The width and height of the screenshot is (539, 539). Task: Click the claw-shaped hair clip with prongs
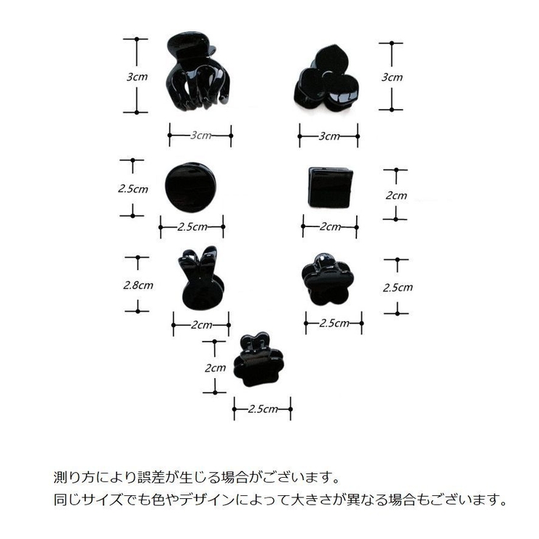(197, 71)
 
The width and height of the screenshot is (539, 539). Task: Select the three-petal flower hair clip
(326, 81)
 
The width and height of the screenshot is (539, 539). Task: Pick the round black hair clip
(190, 187)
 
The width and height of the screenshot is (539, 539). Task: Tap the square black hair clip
(330, 188)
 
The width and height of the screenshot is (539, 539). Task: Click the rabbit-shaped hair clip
(201, 279)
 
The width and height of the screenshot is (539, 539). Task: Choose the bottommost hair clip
(258, 360)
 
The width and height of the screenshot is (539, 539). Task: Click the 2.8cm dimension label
(138, 285)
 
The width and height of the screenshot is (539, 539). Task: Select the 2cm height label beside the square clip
(396, 195)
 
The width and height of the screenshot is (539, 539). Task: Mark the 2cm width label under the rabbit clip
(202, 325)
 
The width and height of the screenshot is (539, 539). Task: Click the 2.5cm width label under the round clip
(192, 227)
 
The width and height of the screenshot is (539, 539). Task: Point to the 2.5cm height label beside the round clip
(133, 189)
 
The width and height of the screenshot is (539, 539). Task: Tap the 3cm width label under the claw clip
(201, 135)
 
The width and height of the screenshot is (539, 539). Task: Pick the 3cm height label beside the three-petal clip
(392, 77)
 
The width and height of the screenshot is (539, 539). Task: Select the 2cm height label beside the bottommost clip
(215, 368)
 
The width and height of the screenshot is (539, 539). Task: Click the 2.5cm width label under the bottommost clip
(263, 409)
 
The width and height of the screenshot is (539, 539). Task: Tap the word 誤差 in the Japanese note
(151, 477)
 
